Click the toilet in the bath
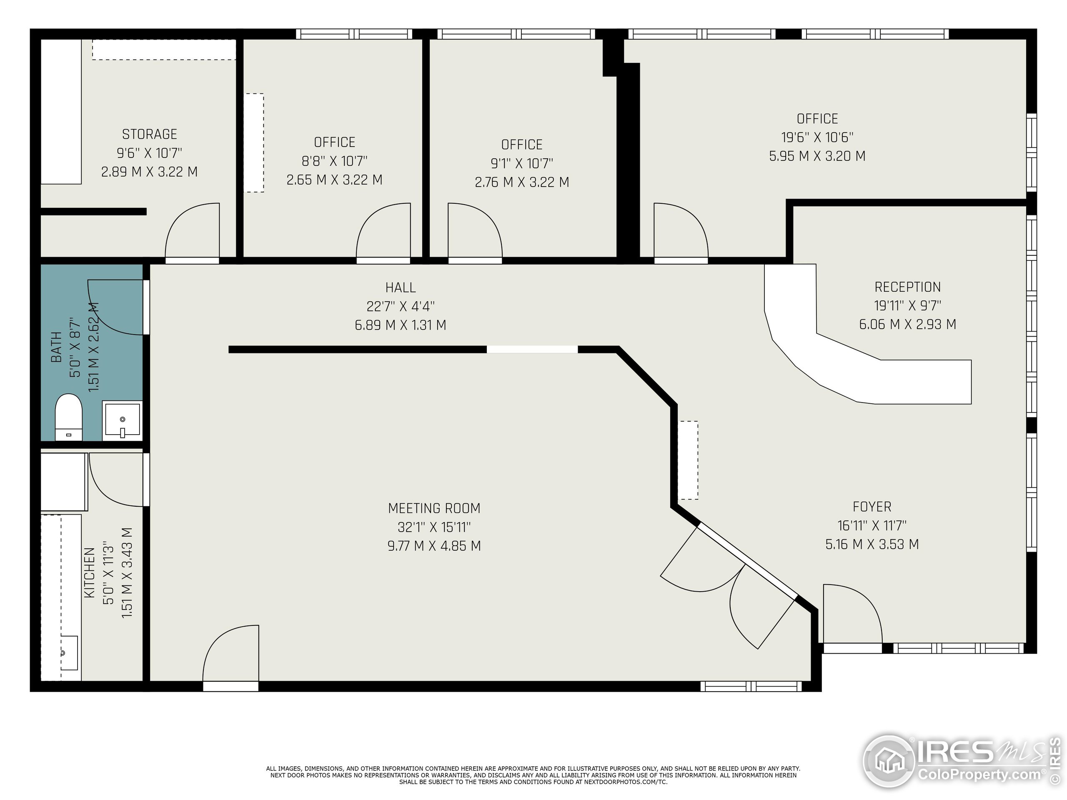click(x=68, y=416)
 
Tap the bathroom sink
click(x=123, y=420)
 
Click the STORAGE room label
click(x=150, y=134)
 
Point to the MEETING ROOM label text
click(x=434, y=508)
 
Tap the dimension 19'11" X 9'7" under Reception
click(x=907, y=306)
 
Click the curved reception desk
click(x=849, y=367)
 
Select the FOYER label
click(x=872, y=507)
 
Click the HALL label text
click(x=401, y=288)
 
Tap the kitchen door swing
click(x=116, y=480)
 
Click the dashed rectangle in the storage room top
click(x=164, y=50)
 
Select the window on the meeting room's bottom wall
click(x=751, y=686)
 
